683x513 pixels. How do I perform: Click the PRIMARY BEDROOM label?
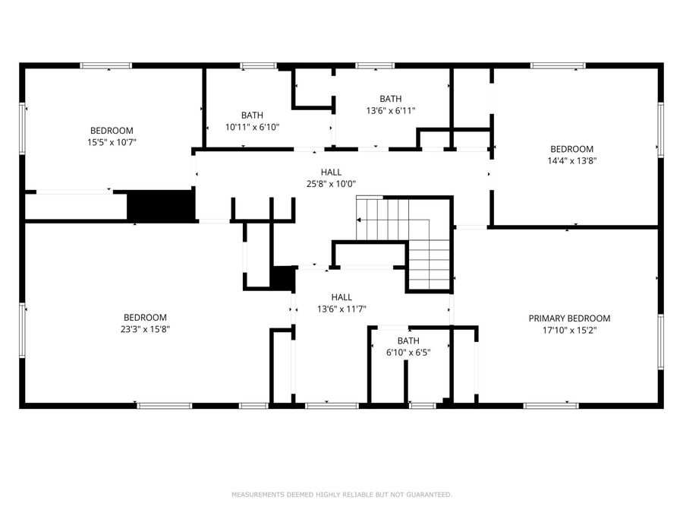tap(569, 318)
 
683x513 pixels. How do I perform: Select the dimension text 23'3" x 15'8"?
tap(145, 329)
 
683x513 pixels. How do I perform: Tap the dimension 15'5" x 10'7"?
tap(112, 142)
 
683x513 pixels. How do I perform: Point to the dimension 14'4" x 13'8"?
tap(571, 161)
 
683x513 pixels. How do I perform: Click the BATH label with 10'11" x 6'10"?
tap(252, 116)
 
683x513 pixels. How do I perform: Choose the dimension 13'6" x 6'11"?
tap(391, 110)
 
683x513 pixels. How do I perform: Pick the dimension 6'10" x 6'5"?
tap(408, 353)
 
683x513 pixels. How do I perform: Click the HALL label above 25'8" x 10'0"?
tap(330, 173)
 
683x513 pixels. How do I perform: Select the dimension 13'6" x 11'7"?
tap(341, 309)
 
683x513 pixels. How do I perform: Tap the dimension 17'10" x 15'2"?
tap(569, 331)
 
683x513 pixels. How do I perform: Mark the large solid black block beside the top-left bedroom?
tap(160, 205)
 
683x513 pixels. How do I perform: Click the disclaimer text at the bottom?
tap(341, 495)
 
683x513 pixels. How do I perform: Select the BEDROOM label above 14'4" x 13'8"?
tap(571, 149)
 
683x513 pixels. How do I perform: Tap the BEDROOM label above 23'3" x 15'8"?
tap(145, 317)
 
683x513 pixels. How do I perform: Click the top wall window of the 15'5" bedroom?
tap(106, 66)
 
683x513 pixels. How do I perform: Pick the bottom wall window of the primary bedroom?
tap(551, 406)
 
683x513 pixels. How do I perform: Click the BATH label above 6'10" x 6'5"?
tap(408, 340)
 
